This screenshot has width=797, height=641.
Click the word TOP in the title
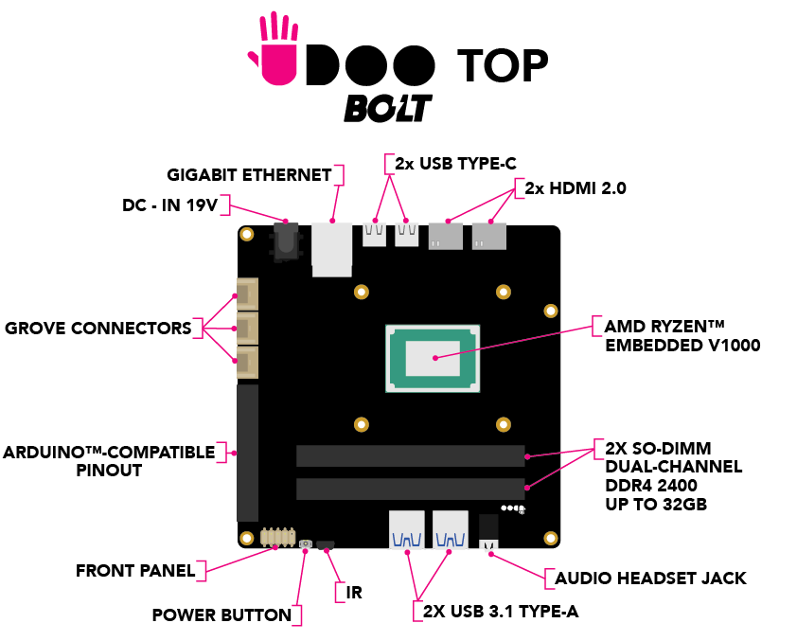(x=503, y=64)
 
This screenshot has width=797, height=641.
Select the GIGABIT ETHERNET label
(x=249, y=175)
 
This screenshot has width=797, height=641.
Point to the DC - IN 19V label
(x=176, y=205)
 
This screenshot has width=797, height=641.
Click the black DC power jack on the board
(x=285, y=240)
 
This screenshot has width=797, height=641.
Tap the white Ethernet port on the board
(x=331, y=249)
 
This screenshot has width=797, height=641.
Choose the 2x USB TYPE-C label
(x=455, y=163)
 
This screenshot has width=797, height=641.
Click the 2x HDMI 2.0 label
(x=576, y=188)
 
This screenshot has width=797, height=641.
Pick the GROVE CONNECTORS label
(x=97, y=329)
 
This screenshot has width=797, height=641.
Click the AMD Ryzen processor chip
(x=432, y=357)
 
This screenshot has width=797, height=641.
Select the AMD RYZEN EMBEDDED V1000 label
(x=682, y=336)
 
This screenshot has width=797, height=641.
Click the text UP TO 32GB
(x=655, y=505)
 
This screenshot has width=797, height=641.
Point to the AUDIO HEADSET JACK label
(x=650, y=578)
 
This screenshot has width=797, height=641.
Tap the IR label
(x=354, y=593)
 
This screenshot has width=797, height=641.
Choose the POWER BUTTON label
(x=221, y=615)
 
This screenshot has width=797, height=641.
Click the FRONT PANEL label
(x=135, y=571)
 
